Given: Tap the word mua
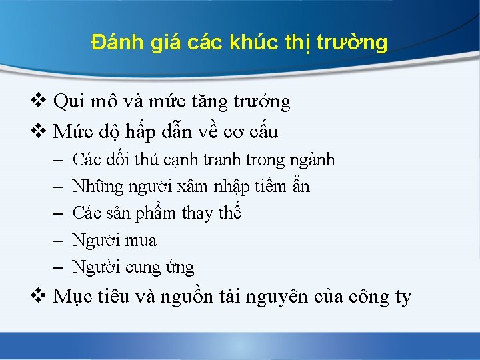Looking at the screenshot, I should pyautogui.click(x=141, y=240).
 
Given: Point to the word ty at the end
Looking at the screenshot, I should pyautogui.click(x=403, y=297).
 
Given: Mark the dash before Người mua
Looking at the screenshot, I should pyautogui.click(x=57, y=241).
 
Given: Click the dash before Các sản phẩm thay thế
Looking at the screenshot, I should pyautogui.click(x=57, y=214).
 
